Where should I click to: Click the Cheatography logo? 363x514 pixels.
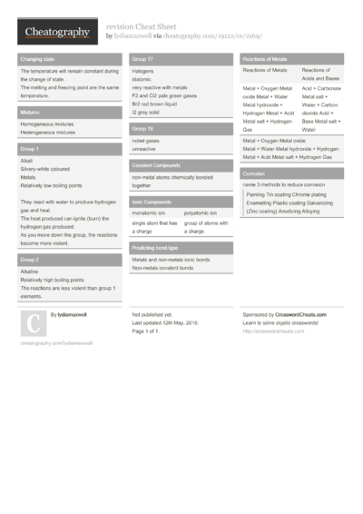point(56,33)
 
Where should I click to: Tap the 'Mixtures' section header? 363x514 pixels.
point(30,112)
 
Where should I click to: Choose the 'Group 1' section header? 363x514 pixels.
point(30,148)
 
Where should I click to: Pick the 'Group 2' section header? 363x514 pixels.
point(30,259)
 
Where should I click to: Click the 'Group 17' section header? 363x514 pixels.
point(143,59)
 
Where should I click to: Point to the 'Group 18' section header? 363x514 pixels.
point(143,129)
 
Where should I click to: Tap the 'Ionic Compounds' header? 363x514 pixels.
point(152,202)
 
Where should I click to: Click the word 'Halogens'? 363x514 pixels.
point(143,71)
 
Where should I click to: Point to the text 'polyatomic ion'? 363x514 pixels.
point(201,213)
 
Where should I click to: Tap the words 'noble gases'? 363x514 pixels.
point(145,141)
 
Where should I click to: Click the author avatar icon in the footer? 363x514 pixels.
point(32,323)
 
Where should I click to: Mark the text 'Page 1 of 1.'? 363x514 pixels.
point(150,331)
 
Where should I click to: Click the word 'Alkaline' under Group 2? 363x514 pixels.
point(29,271)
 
